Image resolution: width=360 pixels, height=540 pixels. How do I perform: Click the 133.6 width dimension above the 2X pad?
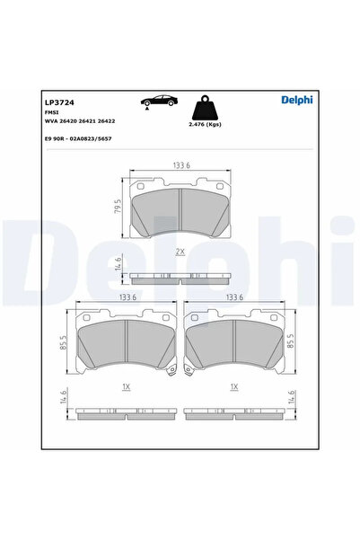180,164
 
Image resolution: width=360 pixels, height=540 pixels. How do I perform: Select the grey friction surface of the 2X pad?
180,212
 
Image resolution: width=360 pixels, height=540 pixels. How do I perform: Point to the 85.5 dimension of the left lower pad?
65,343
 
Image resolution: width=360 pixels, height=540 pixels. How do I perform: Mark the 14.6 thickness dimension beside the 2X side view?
118,266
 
